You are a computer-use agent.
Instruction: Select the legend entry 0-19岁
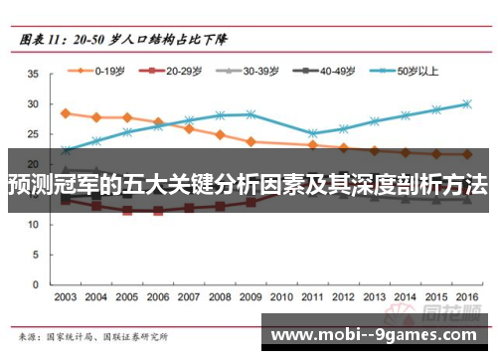pos(103,71)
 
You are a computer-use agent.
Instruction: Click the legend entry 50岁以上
pos(413,71)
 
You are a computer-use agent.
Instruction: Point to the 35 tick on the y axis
pos(32,75)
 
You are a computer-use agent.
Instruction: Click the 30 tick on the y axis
pos(32,104)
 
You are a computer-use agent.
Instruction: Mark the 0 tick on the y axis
pos(35,283)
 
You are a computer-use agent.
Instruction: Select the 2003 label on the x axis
pos(66,297)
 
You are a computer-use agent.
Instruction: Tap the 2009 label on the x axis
pos(250,297)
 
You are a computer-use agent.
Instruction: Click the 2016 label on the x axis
pos(466,297)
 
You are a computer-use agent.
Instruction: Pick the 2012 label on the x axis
pos(343,297)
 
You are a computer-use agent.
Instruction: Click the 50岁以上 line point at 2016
pos(466,103)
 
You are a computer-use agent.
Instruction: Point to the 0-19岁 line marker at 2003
pos(66,113)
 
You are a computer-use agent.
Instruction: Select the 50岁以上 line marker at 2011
pos(312,133)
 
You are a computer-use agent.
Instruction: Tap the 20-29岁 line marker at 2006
pos(158,211)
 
